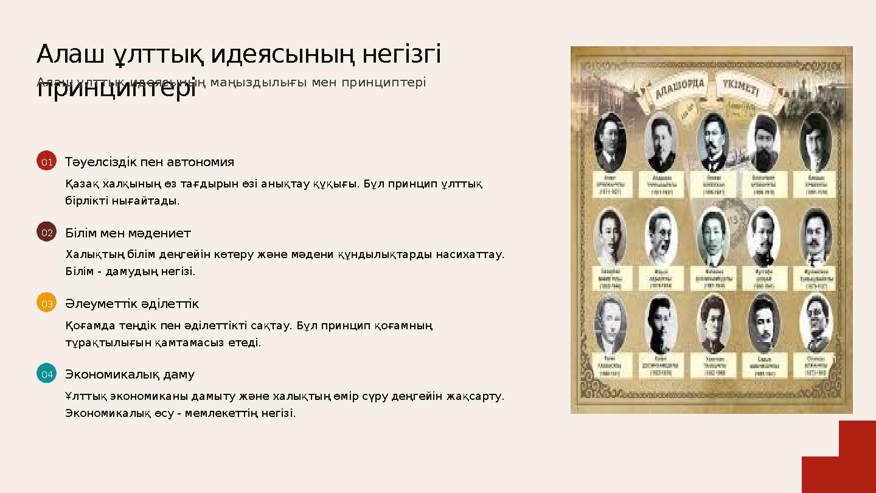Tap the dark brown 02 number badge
pyautogui.click(x=46, y=232)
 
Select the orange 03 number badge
pyautogui.click(x=46, y=302)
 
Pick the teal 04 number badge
pyautogui.click(x=46, y=373)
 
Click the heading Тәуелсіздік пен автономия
pyautogui.click(x=150, y=162)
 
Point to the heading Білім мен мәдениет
pyautogui.click(x=128, y=233)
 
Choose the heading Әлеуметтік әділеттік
pyautogui.click(x=132, y=304)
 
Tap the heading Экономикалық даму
pyautogui.click(x=130, y=374)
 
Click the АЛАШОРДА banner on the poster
pyautogui.click(x=680, y=90)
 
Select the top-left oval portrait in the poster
pyautogui.click(x=610, y=142)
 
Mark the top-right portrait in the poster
pyautogui.click(x=815, y=142)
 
